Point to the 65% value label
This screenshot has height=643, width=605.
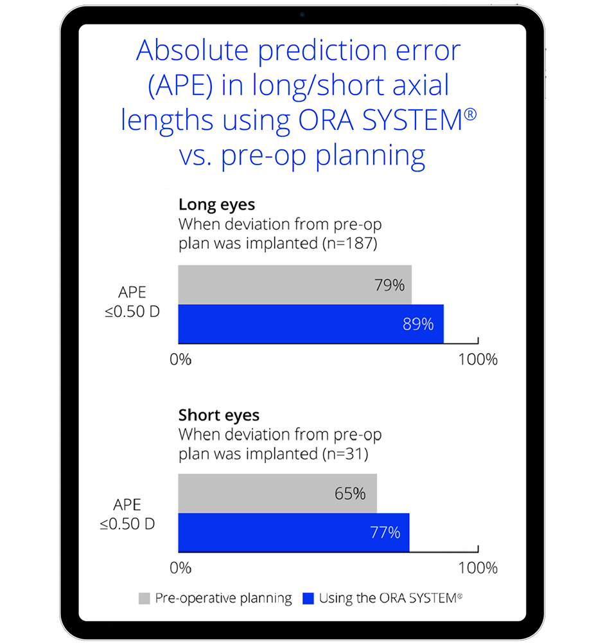pos(350,494)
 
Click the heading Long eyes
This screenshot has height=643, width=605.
pos(216,205)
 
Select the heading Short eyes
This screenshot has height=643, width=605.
pos(219,415)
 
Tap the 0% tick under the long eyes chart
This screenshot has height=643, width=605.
pos(180,359)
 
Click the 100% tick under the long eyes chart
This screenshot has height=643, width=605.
pos(478,359)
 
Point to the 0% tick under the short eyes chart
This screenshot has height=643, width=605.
pos(180,568)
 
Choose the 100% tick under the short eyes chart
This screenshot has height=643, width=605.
pos(478,568)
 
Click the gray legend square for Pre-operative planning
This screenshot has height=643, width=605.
pos(144,599)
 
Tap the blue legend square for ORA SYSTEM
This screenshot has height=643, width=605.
pos(308,599)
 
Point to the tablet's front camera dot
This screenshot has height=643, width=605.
pos(302,14)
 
